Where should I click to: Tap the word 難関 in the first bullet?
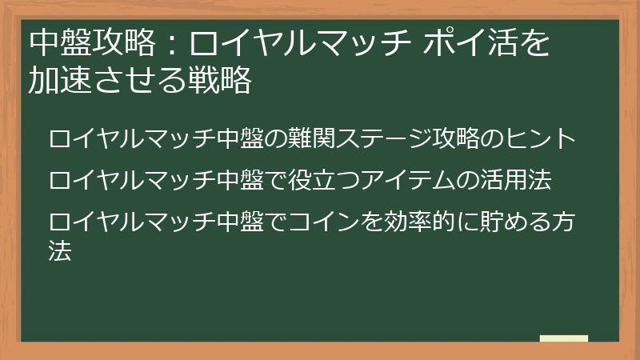pos(316,139)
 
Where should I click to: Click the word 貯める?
pos(505,221)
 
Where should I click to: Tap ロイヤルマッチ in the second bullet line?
pos(132,179)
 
